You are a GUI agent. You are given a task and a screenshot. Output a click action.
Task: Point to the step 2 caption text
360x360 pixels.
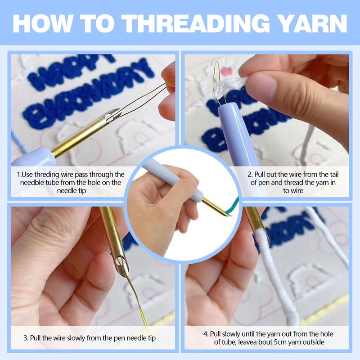point(297,182)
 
